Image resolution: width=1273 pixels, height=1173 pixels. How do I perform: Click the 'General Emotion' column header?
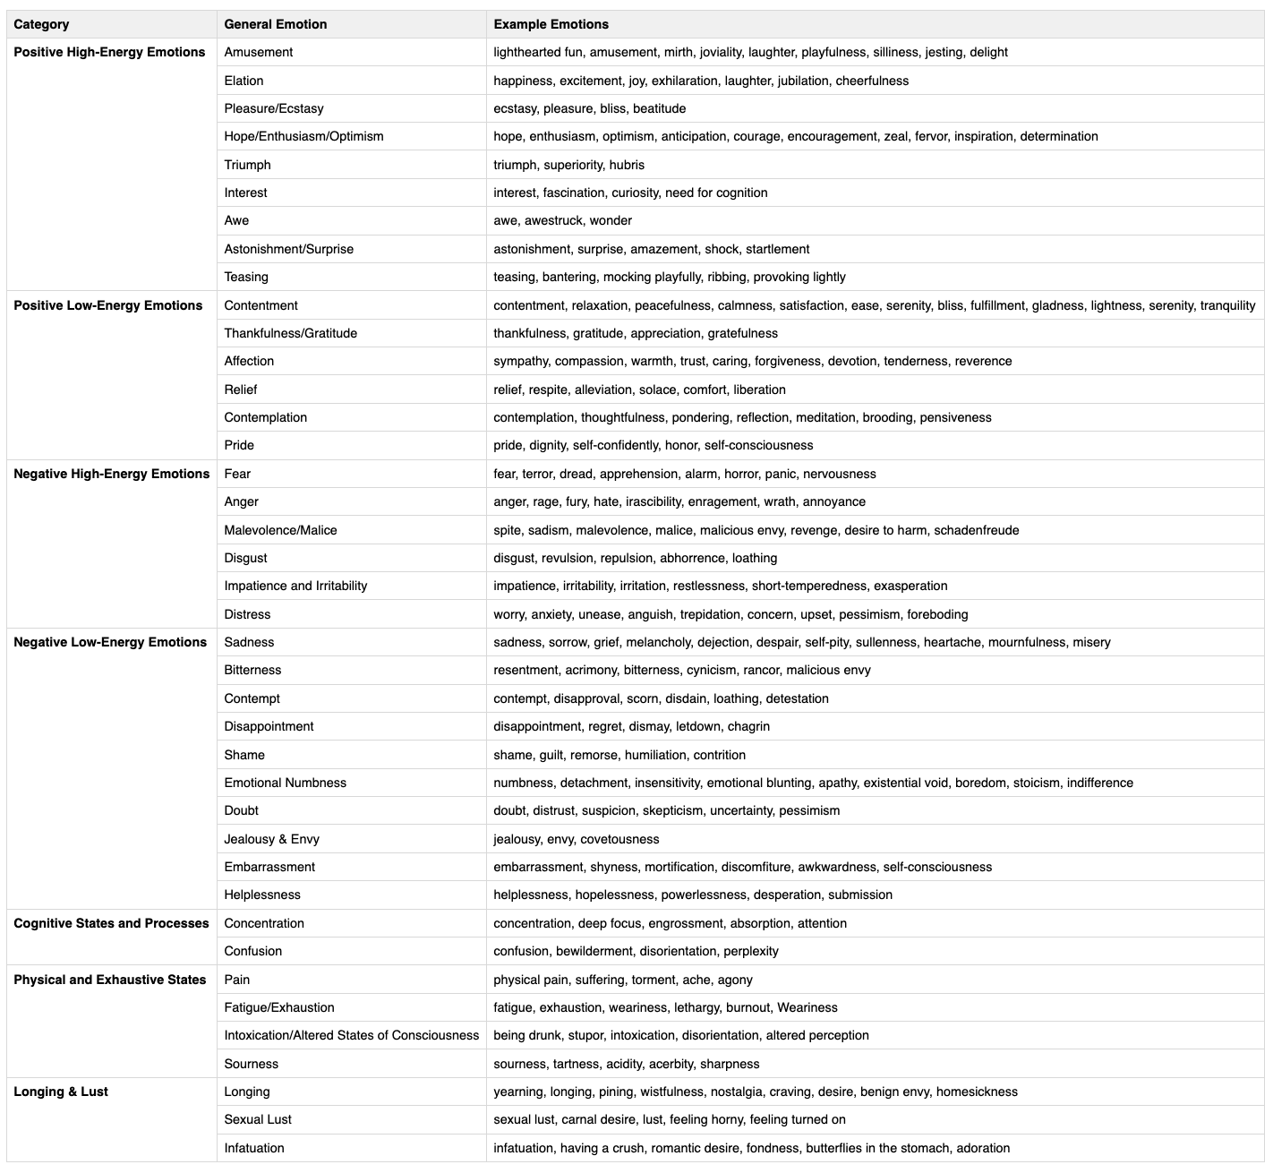coord(275,24)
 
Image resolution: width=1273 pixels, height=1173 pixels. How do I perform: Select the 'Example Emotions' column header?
coord(551,24)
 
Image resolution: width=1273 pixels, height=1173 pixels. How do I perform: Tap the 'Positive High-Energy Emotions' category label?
coord(109,52)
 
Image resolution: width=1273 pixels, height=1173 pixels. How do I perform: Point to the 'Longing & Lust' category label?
coord(61,1092)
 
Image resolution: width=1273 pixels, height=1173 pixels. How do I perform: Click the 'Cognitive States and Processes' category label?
coord(111,923)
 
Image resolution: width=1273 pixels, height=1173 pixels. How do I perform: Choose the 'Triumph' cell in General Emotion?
coord(247,165)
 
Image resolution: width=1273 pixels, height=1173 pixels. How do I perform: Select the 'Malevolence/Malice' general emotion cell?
coord(280,530)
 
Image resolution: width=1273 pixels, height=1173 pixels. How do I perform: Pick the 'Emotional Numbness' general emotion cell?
coord(285,783)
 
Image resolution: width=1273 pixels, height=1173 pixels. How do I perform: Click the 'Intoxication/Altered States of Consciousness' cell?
coord(351,1035)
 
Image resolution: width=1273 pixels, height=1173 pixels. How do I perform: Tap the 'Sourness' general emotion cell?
coord(251,1064)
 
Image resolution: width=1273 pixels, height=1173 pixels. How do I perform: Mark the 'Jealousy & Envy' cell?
coord(271,839)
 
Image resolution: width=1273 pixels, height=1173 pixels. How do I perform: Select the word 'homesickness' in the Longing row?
coord(977,1092)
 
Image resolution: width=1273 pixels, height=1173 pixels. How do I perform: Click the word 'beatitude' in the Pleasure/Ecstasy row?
coord(659,108)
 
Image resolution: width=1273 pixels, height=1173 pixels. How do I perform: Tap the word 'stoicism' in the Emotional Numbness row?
coord(1036,783)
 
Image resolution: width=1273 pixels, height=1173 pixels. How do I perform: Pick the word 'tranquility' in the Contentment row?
coord(1227,305)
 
